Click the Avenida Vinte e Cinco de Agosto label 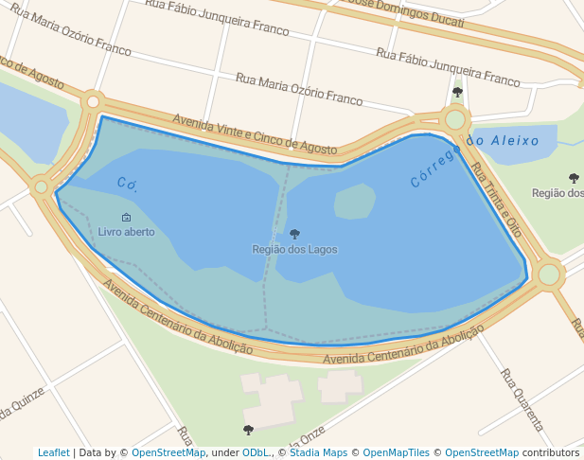click(x=254, y=134)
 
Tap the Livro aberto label click(x=126, y=232)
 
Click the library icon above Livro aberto click(x=126, y=218)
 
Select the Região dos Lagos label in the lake click(x=294, y=249)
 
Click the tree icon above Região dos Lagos click(x=294, y=234)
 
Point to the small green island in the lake click(x=354, y=201)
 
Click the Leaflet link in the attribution click(x=53, y=452)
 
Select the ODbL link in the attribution click(x=255, y=452)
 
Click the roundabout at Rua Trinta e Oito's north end click(x=455, y=119)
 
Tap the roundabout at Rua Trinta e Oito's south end click(x=549, y=274)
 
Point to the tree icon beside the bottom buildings click(x=248, y=430)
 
